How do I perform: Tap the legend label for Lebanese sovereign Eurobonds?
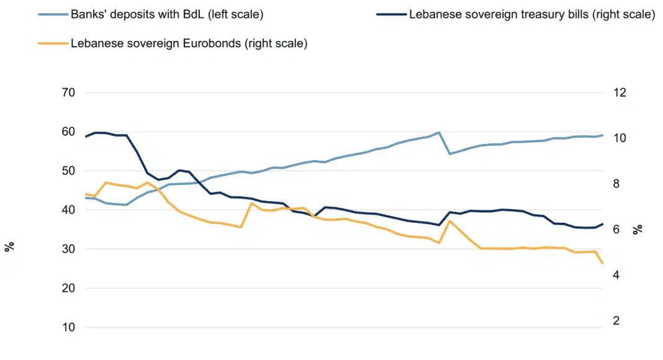pyautogui.click(x=190, y=43)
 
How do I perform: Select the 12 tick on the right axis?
pyautogui.click(x=620, y=92)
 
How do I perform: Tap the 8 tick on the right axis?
pyautogui.click(x=618, y=184)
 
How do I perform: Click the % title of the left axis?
pyautogui.click(x=9, y=247)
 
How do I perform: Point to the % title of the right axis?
pyautogui.click(x=638, y=230)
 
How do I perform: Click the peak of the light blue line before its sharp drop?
pyautogui.click(x=439, y=132)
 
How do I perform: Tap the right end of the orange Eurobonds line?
pyautogui.click(x=602, y=264)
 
